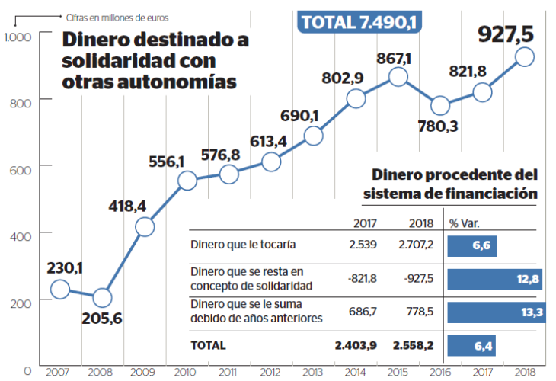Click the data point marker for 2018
click(x=524, y=56)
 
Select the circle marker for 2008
click(x=102, y=297)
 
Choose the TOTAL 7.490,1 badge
click(x=359, y=22)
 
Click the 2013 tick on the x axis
click(x=312, y=371)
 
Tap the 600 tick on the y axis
click(x=21, y=166)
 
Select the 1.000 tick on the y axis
click(x=17, y=37)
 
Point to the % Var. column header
click(x=464, y=223)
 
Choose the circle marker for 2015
click(x=398, y=76)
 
